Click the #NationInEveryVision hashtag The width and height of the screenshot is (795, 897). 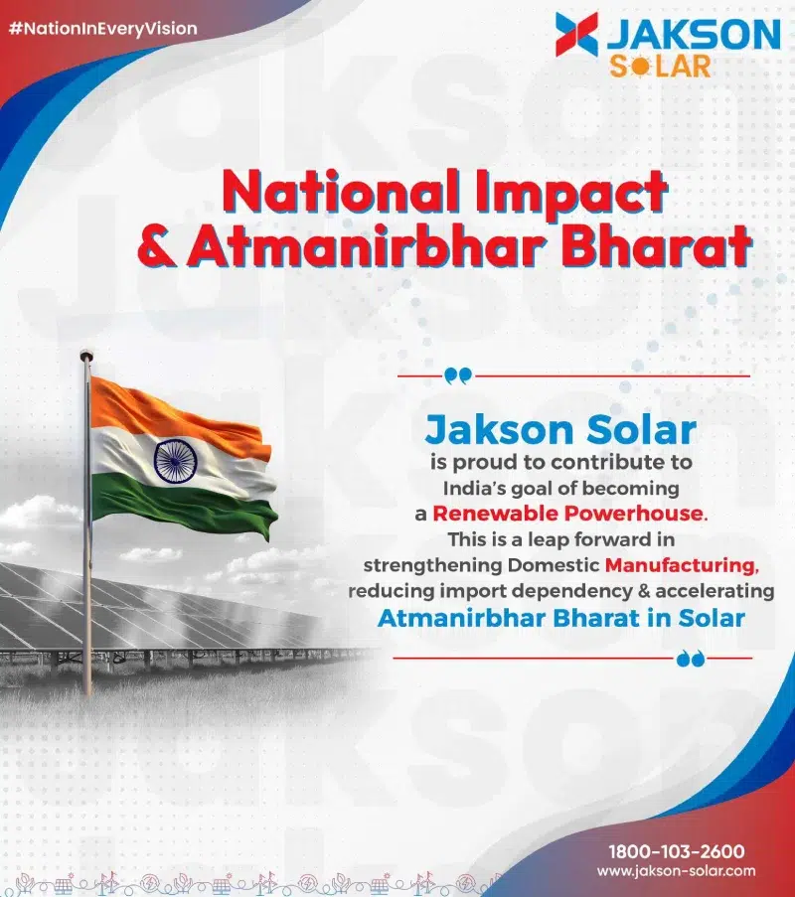click(103, 29)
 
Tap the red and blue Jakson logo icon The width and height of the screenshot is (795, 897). click(576, 35)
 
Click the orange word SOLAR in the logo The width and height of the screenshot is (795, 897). click(660, 67)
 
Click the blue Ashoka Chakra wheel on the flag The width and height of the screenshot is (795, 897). click(175, 460)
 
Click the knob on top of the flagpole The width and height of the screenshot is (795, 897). click(85, 355)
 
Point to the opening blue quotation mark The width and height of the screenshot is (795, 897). click(458, 375)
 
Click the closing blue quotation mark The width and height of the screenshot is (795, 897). click(691, 659)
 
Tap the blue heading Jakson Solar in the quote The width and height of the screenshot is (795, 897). click(560, 429)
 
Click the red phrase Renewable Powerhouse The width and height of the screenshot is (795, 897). click(570, 514)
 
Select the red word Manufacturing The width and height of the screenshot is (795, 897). click(682, 565)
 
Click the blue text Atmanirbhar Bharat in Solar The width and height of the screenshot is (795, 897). click(560, 618)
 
